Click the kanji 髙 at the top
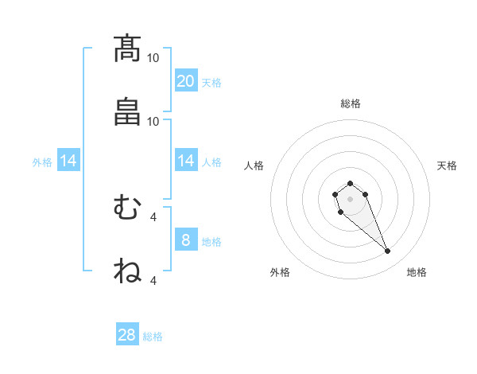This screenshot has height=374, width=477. tap(127, 49)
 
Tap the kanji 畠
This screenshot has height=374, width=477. tap(127, 112)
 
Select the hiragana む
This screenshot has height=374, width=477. tap(127, 208)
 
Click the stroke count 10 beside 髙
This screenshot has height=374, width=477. tap(153, 58)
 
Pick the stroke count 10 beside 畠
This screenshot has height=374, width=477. tap(153, 121)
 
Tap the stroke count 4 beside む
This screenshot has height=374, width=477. tap(153, 216)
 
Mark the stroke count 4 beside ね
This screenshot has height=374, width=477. tap(153, 280)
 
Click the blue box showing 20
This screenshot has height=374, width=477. tap(186, 81)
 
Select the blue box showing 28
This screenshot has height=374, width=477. tap(127, 335)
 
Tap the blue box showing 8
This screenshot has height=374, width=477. tap(186, 240)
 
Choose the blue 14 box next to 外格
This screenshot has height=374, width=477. tap(68, 162)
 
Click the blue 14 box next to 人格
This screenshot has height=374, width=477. tap(186, 162)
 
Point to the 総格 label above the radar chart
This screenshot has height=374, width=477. tap(351, 103)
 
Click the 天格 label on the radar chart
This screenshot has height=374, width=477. tap(447, 166)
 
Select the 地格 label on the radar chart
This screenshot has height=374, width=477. tap(417, 272)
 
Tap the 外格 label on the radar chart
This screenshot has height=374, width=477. tap(280, 272)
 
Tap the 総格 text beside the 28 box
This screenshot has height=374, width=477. tap(153, 337)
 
